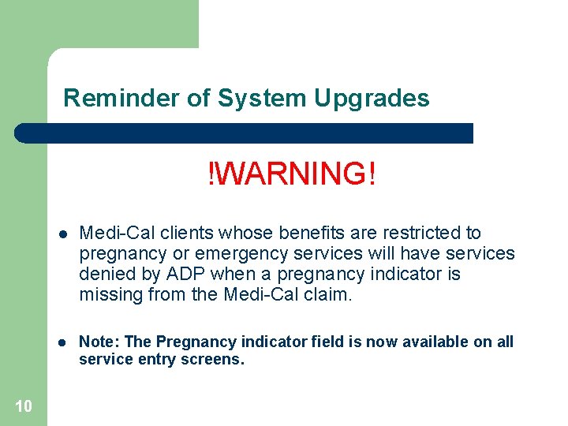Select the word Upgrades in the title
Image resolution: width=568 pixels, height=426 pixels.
coord(372,99)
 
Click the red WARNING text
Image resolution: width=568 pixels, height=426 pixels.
coord(292,174)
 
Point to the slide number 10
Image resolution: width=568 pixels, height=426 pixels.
coord(24,406)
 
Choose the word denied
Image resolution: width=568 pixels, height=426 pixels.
coord(103,275)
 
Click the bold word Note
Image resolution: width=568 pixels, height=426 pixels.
coord(98,342)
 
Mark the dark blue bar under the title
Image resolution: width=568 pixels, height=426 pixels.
coord(245,133)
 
